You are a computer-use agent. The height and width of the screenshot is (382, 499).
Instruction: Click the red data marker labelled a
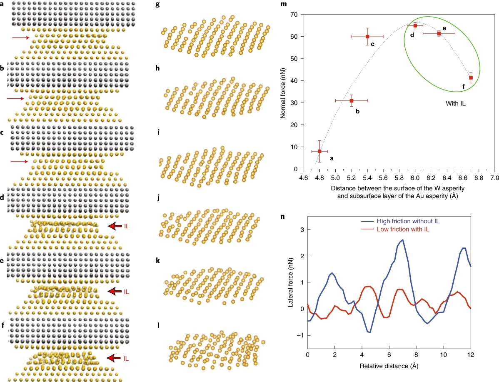pos(319,151)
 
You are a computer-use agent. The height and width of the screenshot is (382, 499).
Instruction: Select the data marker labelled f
pos(471,77)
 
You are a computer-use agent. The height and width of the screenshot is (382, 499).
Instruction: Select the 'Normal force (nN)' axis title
pos(283,92)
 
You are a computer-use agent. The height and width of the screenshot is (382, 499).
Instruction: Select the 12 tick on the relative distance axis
pos(471,355)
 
